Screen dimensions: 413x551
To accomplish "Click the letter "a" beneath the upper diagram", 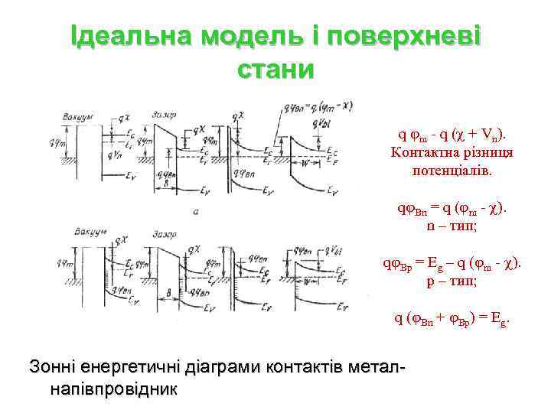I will (197, 211).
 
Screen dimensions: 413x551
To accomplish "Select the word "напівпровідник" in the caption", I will (112, 389).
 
